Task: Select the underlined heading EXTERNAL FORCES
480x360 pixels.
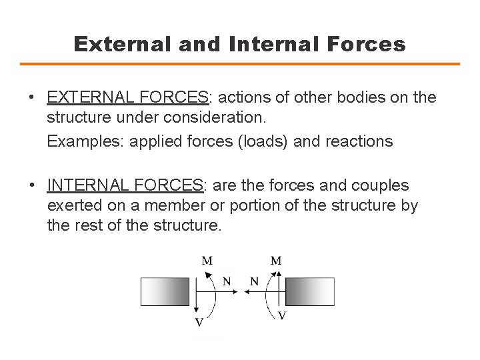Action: tap(128, 98)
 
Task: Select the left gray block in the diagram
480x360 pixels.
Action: tap(165, 292)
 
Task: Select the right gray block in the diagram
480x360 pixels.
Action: tap(312, 292)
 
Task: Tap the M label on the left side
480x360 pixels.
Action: tap(208, 261)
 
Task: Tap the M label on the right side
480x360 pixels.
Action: tap(275, 261)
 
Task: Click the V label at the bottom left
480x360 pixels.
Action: tap(198, 323)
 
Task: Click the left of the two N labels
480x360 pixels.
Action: tap(227, 281)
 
